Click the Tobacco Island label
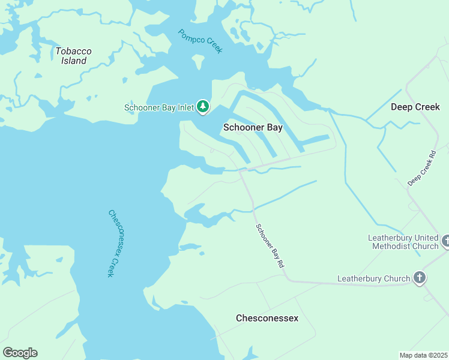coord(73,56)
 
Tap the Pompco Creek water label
coord(200,41)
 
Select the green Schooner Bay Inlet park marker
coord(203,107)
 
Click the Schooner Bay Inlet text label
coord(159,108)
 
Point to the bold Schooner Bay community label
coord(253,127)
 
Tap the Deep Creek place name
coord(415,107)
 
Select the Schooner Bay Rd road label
coord(270,245)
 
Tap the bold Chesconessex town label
coord(267,317)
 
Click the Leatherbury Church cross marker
coord(420,278)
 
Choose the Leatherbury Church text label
coord(373,278)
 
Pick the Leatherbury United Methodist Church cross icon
coord(445,241)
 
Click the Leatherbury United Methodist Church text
coord(403,242)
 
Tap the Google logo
coord(20,353)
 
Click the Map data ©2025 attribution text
coord(423,355)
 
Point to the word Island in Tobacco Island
coord(73,61)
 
